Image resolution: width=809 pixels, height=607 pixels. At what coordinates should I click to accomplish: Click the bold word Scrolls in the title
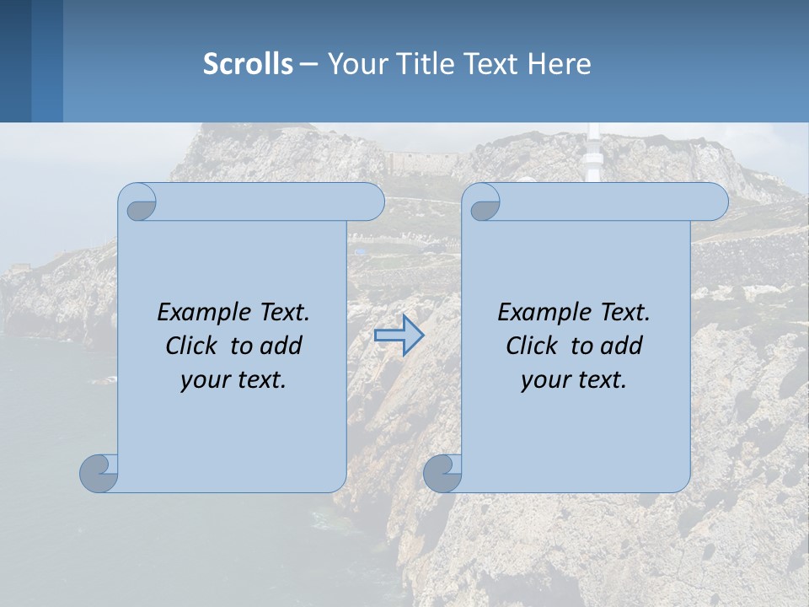click(248, 64)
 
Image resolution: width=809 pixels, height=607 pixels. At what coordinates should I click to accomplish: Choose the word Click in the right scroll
click(531, 346)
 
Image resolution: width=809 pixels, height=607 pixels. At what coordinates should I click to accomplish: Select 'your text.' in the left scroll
click(233, 379)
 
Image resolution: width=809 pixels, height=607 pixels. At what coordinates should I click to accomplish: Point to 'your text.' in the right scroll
click(574, 379)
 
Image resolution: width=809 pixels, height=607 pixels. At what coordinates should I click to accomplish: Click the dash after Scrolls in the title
click(308, 64)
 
